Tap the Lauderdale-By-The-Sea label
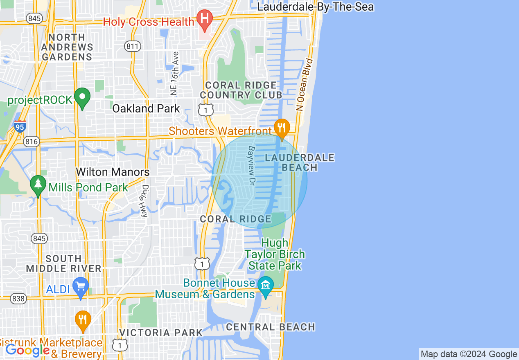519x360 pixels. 315,7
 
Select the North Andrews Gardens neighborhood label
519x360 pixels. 67,47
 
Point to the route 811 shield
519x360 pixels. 133,46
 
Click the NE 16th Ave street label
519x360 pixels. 175,74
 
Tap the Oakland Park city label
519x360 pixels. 146,108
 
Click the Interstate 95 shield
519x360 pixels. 20,126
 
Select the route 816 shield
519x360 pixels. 31,142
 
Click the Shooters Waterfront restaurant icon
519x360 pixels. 281,128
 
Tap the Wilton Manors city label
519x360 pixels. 113,172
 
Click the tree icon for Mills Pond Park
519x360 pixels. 38,185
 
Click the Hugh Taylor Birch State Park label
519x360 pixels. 275,254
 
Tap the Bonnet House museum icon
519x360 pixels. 266,283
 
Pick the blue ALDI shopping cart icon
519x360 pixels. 81,286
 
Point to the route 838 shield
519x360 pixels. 18,299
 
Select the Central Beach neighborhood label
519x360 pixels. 271,327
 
